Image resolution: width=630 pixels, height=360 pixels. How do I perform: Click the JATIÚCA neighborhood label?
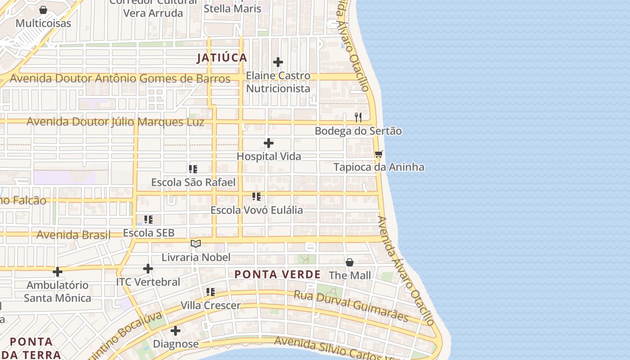pyautogui.click(x=222, y=58)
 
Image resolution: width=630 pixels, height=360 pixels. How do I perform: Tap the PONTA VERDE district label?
pyautogui.click(x=277, y=274)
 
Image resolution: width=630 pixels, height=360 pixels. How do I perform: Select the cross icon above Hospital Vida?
pyautogui.click(x=269, y=143)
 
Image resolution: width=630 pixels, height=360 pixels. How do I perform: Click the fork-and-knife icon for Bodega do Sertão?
pyautogui.click(x=358, y=117)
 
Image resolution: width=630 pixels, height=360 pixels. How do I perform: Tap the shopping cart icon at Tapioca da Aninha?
pyautogui.click(x=378, y=154)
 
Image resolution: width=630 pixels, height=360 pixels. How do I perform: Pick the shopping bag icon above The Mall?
pyautogui.click(x=350, y=262)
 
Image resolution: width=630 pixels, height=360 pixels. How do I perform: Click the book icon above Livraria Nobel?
pyautogui.click(x=195, y=243)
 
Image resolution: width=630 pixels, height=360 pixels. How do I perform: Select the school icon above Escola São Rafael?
pyautogui.click(x=193, y=169)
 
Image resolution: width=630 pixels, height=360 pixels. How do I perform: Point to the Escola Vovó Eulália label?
pyautogui.click(x=256, y=210)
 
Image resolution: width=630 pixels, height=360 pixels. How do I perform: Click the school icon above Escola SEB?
pyautogui.click(x=148, y=220)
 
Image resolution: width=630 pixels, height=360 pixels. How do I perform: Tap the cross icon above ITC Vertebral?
pyautogui.click(x=148, y=269)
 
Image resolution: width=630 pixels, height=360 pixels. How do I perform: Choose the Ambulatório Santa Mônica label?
pyautogui.click(x=57, y=292)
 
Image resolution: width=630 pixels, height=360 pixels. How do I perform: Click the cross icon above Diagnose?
pyautogui.click(x=175, y=331)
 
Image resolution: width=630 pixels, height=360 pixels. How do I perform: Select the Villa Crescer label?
pyautogui.click(x=211, y=306)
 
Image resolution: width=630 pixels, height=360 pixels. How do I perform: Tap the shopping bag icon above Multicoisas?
pyautogui.click(x=43, y=10)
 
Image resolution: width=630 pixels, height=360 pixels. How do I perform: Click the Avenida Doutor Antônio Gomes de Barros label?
pyautogui.click(x=120, y=79)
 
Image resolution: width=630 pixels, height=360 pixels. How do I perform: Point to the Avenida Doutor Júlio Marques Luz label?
pyautogui.click(x=115, y=122)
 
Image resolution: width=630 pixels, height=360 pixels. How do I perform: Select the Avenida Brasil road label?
pyautogui.click(x=73, y=235)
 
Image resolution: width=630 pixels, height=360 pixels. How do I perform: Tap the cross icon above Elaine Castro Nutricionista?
pyautogui.click(x=278, y=62)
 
